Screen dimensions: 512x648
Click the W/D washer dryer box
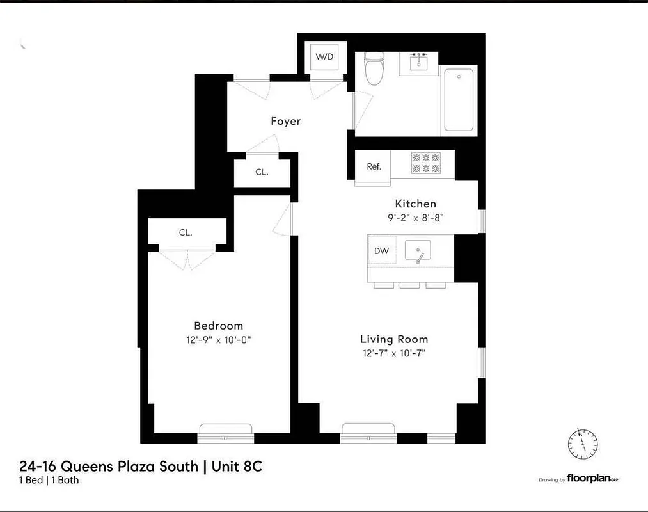(x=324, y=57)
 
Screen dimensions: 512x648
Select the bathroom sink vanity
(x=419, y=63)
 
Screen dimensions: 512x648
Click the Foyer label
(x=285, y=121)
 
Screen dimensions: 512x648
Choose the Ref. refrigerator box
(x=374, y=166)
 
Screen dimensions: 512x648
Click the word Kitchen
(x=415, y=204)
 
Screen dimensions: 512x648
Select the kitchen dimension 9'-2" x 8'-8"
(x=415, y=217)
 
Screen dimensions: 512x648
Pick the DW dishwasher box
(x=382, y=251)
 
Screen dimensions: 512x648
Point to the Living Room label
(x=393, y=339)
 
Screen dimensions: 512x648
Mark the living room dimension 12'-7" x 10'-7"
(x=393, y=353)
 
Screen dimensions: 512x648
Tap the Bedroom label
(x=218, y=326)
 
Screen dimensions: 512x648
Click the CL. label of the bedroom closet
(x=185, y=233)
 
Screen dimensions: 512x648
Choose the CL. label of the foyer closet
(x=262, y=172)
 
